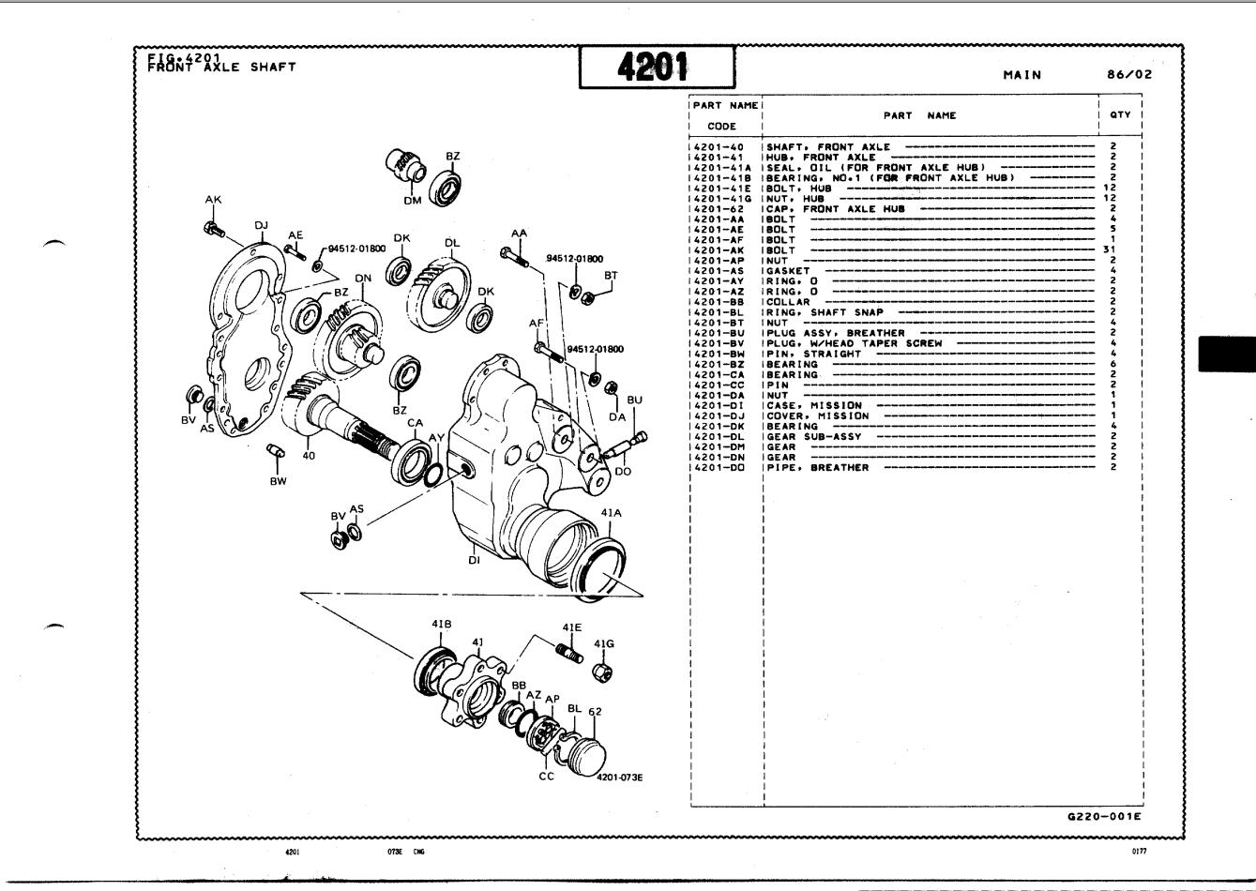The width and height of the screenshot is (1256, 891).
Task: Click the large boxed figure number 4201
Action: (x=656, y=67)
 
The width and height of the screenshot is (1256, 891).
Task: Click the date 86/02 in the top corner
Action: (x=1128, y=75)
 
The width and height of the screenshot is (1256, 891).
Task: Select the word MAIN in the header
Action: (x=1021, y=75)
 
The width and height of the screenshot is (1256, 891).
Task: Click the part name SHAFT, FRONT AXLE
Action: (x=828, y=147)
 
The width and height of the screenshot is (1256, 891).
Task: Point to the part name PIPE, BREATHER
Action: (x=817, y=467)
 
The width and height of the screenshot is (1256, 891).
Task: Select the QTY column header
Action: (x=1120, y=115)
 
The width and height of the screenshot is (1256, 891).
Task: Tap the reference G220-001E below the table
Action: (x=1104, y=816)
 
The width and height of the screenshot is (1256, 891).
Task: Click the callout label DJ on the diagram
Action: (x=262, y=225)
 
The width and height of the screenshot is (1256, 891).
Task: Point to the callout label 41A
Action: (x=612, y=513)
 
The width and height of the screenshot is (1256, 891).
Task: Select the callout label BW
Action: (x=278, y=481)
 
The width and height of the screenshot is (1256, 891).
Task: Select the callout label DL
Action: (x=453, y=243)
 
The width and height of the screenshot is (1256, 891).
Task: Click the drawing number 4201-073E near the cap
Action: (x=619, y=778)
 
